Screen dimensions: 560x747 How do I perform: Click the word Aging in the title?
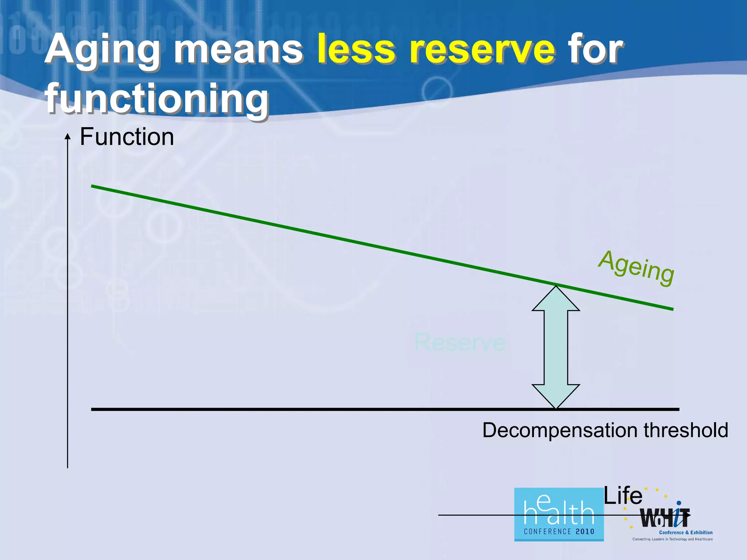pos(102,51)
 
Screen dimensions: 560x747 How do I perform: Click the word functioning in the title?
pos(157,98)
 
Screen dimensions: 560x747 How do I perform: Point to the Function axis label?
pos(127,137)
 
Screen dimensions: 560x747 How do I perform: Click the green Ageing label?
pos(636,268)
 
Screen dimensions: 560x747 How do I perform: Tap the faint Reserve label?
pos(460,342)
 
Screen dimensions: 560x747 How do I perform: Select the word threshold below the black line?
pos(686,430)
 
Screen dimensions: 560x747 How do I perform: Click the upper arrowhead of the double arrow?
pos(556,299)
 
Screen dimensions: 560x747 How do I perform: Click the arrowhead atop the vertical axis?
pos(67,136)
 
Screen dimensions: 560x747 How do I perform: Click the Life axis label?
pos(623,496)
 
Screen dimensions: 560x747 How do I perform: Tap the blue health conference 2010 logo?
pos(559,514)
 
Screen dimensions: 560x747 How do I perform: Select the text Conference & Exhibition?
pos(686,532)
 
